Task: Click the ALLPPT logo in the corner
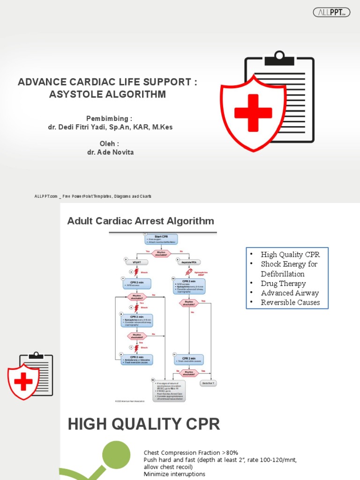(x=331, y=13)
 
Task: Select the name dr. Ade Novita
(x=110, y=152)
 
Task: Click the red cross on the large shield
(x=253, y=113)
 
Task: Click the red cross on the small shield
(x=23, y=382)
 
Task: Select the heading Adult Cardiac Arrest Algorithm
(x=141, y=221)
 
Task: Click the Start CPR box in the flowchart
(x=161, y=239)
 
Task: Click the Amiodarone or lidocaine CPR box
(x=136, y=360)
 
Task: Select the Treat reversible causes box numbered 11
(x=188, y=360)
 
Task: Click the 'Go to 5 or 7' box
(x=208, y=383)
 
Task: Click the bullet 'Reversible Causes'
(x=290, y=302)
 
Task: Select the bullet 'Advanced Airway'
(x=290, y=293)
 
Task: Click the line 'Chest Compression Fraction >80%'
(x=191, y=453)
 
